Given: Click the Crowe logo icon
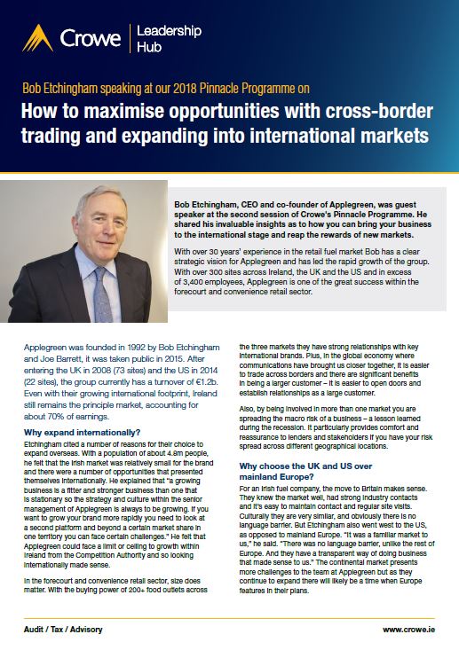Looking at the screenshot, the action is (x=37, y=37).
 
